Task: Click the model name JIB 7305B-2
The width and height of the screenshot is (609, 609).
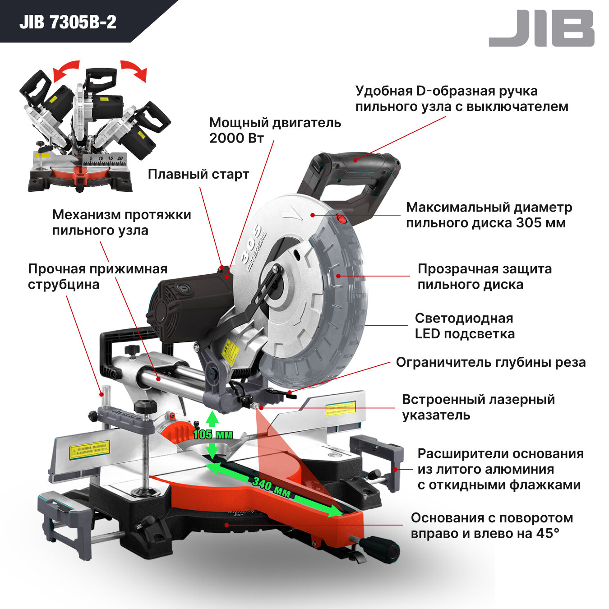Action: [68, 22]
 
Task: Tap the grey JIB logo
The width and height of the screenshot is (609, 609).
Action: [541, 28]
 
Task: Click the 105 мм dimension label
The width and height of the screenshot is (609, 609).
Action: [213, 434]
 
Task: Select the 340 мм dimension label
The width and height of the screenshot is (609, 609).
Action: [271, 487]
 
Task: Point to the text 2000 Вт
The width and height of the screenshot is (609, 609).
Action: [236, 138]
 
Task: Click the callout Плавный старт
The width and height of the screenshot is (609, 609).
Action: [198, 174]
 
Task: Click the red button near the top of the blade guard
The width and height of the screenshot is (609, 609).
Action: [341, 220]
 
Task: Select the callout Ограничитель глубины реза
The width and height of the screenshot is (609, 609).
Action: [491, 362]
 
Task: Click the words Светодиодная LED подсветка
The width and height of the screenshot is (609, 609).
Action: [465, 326]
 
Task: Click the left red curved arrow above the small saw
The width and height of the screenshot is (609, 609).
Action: [65, 70]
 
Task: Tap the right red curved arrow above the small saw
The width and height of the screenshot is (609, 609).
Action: [134, 70]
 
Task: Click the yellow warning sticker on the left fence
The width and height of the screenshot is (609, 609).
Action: [89, 450]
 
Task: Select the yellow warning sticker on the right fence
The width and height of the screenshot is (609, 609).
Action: [340, 409]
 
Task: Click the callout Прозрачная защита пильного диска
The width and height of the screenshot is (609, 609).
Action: [484, 277]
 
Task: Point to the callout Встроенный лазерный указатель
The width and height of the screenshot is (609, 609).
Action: [478, 407]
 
